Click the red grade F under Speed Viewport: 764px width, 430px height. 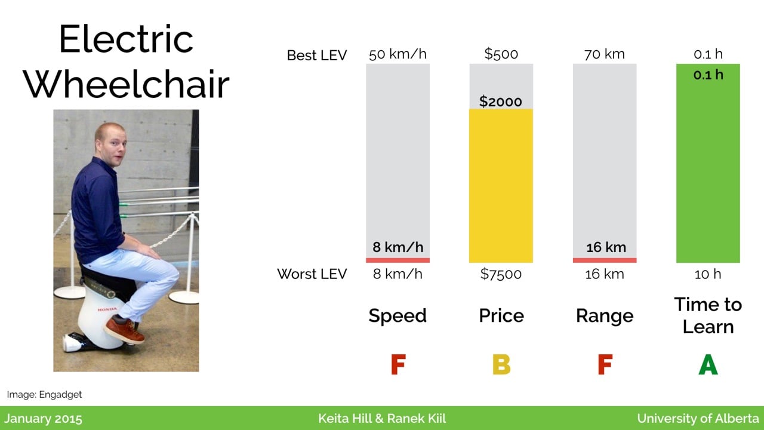398,364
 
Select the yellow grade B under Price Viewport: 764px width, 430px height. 501,364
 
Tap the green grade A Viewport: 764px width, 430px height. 708,364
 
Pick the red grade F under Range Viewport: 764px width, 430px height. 605,364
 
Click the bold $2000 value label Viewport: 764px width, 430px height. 500,102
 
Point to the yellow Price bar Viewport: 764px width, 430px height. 501,186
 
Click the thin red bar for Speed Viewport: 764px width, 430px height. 398,260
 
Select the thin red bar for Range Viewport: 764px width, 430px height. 605,260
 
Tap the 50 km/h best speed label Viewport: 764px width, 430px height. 398,54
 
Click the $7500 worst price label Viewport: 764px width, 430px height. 501,274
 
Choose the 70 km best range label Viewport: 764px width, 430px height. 605,54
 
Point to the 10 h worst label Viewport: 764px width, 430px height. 708,274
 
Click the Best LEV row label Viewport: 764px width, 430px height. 317,56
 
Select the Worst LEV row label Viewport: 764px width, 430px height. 312,274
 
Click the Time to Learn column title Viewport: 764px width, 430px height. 708,316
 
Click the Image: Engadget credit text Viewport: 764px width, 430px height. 44,395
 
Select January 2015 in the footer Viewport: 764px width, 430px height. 44,419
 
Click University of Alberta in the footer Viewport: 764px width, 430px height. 698,419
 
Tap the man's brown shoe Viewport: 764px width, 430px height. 125,329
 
